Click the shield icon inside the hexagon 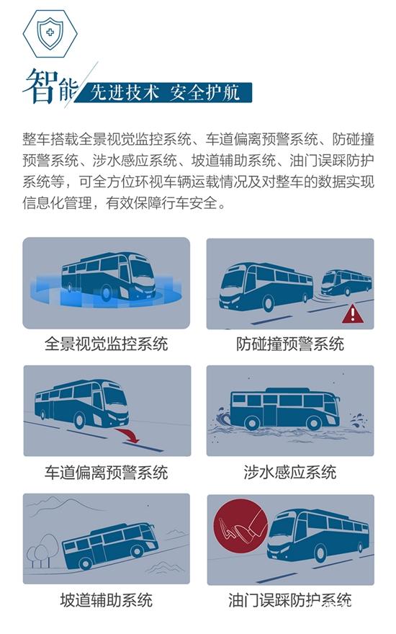coord(50,32)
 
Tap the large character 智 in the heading coord(40,86)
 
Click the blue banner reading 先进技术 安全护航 coord(165,93)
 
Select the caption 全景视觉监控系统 coord(106,344)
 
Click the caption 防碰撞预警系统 coord(290,344)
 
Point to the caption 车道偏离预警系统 coord(106,473)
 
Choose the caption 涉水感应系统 coord(290,473)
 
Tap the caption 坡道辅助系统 coord(106,600)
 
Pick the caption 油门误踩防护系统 coord(290,600)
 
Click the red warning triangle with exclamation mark coord(353,314)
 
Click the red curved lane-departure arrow coord(127,435)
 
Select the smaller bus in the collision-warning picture coord(346,282)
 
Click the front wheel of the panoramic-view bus coord(107,293)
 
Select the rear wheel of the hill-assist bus coord(85,563)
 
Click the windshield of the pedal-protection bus coord(282,530)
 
